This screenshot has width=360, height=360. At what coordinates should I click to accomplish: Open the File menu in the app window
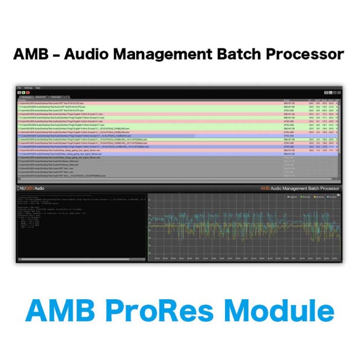pos(19,88)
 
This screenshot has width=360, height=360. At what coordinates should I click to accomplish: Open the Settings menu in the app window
pos(28,88)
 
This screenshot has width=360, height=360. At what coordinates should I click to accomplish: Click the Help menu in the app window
pos(38,88)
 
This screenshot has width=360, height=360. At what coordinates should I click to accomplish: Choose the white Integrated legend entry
pos(293,197)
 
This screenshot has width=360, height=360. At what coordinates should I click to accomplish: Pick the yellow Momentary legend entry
pos(320,197)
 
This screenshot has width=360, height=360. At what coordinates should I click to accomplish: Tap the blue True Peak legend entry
pos(334,197)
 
